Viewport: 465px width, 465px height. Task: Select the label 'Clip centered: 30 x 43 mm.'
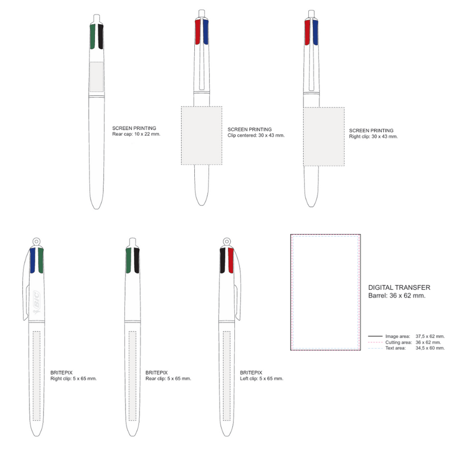256,135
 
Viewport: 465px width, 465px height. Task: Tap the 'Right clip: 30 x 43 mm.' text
373,137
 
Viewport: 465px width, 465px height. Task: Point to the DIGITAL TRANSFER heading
399,288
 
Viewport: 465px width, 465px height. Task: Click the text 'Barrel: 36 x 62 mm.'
397,296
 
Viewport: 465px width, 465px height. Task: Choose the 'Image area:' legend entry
397,336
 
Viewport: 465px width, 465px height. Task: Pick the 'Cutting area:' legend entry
398,342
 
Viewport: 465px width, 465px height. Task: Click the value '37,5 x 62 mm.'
430,336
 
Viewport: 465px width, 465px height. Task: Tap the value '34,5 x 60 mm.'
430,348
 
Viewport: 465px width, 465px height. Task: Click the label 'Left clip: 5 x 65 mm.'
261,379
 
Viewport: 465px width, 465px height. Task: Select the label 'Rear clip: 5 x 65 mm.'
168,379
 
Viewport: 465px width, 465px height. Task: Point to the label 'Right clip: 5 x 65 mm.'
73,379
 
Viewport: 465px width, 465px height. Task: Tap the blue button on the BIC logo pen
33,260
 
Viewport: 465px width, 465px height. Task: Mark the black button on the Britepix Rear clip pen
136,260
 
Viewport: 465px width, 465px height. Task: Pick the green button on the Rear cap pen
92,37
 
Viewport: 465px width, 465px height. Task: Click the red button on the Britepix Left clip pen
231,260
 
